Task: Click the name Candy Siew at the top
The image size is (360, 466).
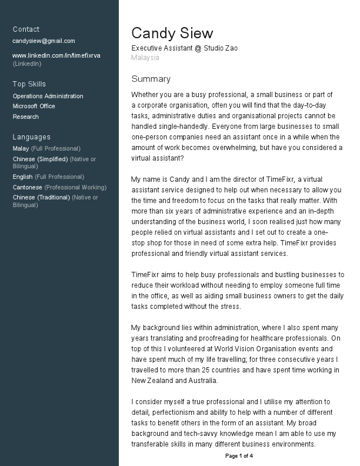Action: point(172,33)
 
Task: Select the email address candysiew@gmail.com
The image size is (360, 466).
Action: point(44,41)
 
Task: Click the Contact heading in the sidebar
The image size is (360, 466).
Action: point(26,29)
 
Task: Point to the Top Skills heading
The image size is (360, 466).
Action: point(29,84)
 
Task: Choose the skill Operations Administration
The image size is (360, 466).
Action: point(48,96)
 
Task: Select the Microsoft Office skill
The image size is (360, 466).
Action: point(34,106)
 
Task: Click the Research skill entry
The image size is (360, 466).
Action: point(25,116)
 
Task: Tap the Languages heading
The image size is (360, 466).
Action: point(31,137)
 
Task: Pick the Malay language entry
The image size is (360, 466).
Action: point(21,148)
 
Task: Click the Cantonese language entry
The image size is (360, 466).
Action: point(28,187)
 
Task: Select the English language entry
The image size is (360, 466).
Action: point(22,177)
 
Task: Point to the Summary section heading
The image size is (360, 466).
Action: point(151,79)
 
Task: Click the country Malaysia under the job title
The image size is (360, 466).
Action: point(145,58)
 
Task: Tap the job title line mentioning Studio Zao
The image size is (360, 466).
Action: point(184,48)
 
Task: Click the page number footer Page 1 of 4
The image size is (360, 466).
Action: point(239,456)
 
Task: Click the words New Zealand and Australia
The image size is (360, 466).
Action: point(174,380)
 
